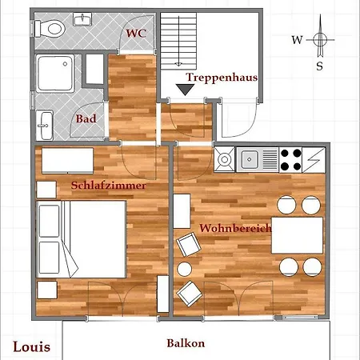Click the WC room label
coord(136,34)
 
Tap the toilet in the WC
coord(50,29)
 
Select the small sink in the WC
coord(82,19)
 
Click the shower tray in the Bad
coord(55,73)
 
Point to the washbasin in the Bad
coord(45,125)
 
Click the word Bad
coord(86,118)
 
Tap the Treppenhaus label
coord(222,78)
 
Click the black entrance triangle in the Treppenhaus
coord(185,90)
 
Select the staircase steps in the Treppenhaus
coord(178,41)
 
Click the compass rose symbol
coord(320,39)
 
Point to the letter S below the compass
coord(319,66)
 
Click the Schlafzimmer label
coord(109,186)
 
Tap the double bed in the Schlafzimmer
coord(82,239)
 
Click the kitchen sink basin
coord(250,159)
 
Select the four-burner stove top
coord(290,160)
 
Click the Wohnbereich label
coord(235,228)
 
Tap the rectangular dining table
coord(297,235)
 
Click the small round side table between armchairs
coord(185,269)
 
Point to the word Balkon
coord(186,343)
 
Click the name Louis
coord(32,347)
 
